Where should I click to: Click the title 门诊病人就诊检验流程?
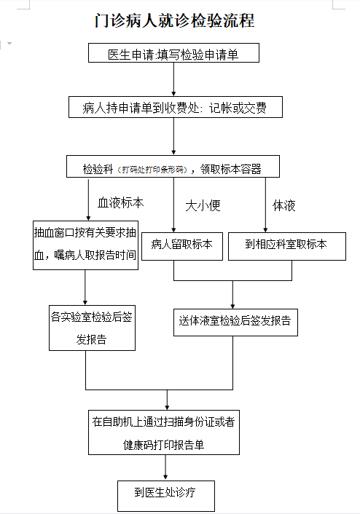point(175,20)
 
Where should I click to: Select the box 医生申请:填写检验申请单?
point(173,52)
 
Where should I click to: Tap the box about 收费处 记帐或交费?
point(176,107)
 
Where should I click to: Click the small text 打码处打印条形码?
point(153,170)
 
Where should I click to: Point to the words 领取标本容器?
point(231,169)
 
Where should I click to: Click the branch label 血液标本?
point(120,203)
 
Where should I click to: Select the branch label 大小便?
point(203,205)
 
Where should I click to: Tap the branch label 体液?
point(284,205)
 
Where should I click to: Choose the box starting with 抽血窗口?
point(86,245)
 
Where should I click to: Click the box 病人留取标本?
point(182,246)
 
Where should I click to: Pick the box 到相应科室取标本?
point(287,246)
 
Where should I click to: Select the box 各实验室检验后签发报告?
point(93,328)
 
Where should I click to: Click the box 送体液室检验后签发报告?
point(235,323)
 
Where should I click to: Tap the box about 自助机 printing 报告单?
point(164,432)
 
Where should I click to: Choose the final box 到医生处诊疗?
point(166,496)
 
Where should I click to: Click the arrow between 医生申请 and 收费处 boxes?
point(173,79)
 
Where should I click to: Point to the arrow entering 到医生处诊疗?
point(165,467)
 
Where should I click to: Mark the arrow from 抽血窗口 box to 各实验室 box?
point(85,288)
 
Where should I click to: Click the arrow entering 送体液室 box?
point(232,295)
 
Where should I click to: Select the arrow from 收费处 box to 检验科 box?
point(173,136)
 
